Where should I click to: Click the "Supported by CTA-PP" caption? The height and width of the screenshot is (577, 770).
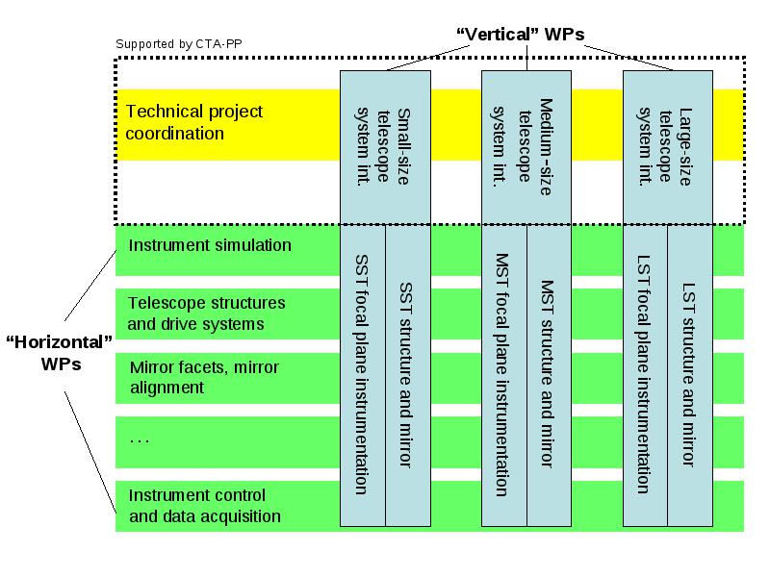(179, 44)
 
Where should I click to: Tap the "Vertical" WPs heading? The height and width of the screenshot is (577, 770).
(521, 35)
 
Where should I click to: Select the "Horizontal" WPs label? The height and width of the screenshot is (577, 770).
(60, 353)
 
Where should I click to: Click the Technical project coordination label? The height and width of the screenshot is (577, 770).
(194, 122)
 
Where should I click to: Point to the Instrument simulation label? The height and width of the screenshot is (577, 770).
(210, 245)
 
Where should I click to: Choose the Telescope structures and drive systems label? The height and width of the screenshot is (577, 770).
(206, 314)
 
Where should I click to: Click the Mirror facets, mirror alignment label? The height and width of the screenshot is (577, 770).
(204, 377)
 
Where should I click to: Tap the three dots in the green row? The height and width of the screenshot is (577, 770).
(140, 441)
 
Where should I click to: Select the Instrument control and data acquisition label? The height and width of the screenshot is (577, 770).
(205, 506)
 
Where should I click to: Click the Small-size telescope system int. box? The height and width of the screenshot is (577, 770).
(386, 147)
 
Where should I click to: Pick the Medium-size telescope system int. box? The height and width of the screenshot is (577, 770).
(526, 147)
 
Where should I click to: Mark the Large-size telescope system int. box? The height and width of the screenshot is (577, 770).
(668, 147)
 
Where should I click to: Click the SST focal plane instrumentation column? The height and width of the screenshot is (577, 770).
(363, 375)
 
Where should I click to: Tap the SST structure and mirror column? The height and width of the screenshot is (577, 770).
(408, 375)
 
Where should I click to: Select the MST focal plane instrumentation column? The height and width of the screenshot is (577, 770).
(504, 375)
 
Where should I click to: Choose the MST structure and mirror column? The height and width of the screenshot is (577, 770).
(549, 375)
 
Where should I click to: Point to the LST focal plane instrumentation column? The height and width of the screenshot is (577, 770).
(645, 375)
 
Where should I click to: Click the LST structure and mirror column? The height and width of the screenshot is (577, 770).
(690, 375)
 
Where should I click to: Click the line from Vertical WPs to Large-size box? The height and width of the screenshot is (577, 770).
(629, 58)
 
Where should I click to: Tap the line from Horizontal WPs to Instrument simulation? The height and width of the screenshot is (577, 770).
(90, 286)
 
